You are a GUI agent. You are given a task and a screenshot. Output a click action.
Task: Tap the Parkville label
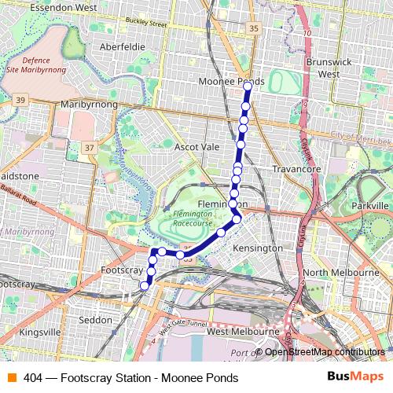[370, 205]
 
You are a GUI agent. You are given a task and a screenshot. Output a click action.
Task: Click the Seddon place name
[96, 320]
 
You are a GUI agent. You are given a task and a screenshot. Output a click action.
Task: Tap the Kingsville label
[39, 332]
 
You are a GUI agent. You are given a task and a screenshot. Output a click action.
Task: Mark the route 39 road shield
[21, 99]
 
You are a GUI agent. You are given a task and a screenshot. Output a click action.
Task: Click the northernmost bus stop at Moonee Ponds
[248, 85]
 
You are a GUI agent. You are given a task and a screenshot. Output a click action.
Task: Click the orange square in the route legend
[11, 377]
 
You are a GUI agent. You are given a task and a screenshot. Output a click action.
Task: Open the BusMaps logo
[354, 377]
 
